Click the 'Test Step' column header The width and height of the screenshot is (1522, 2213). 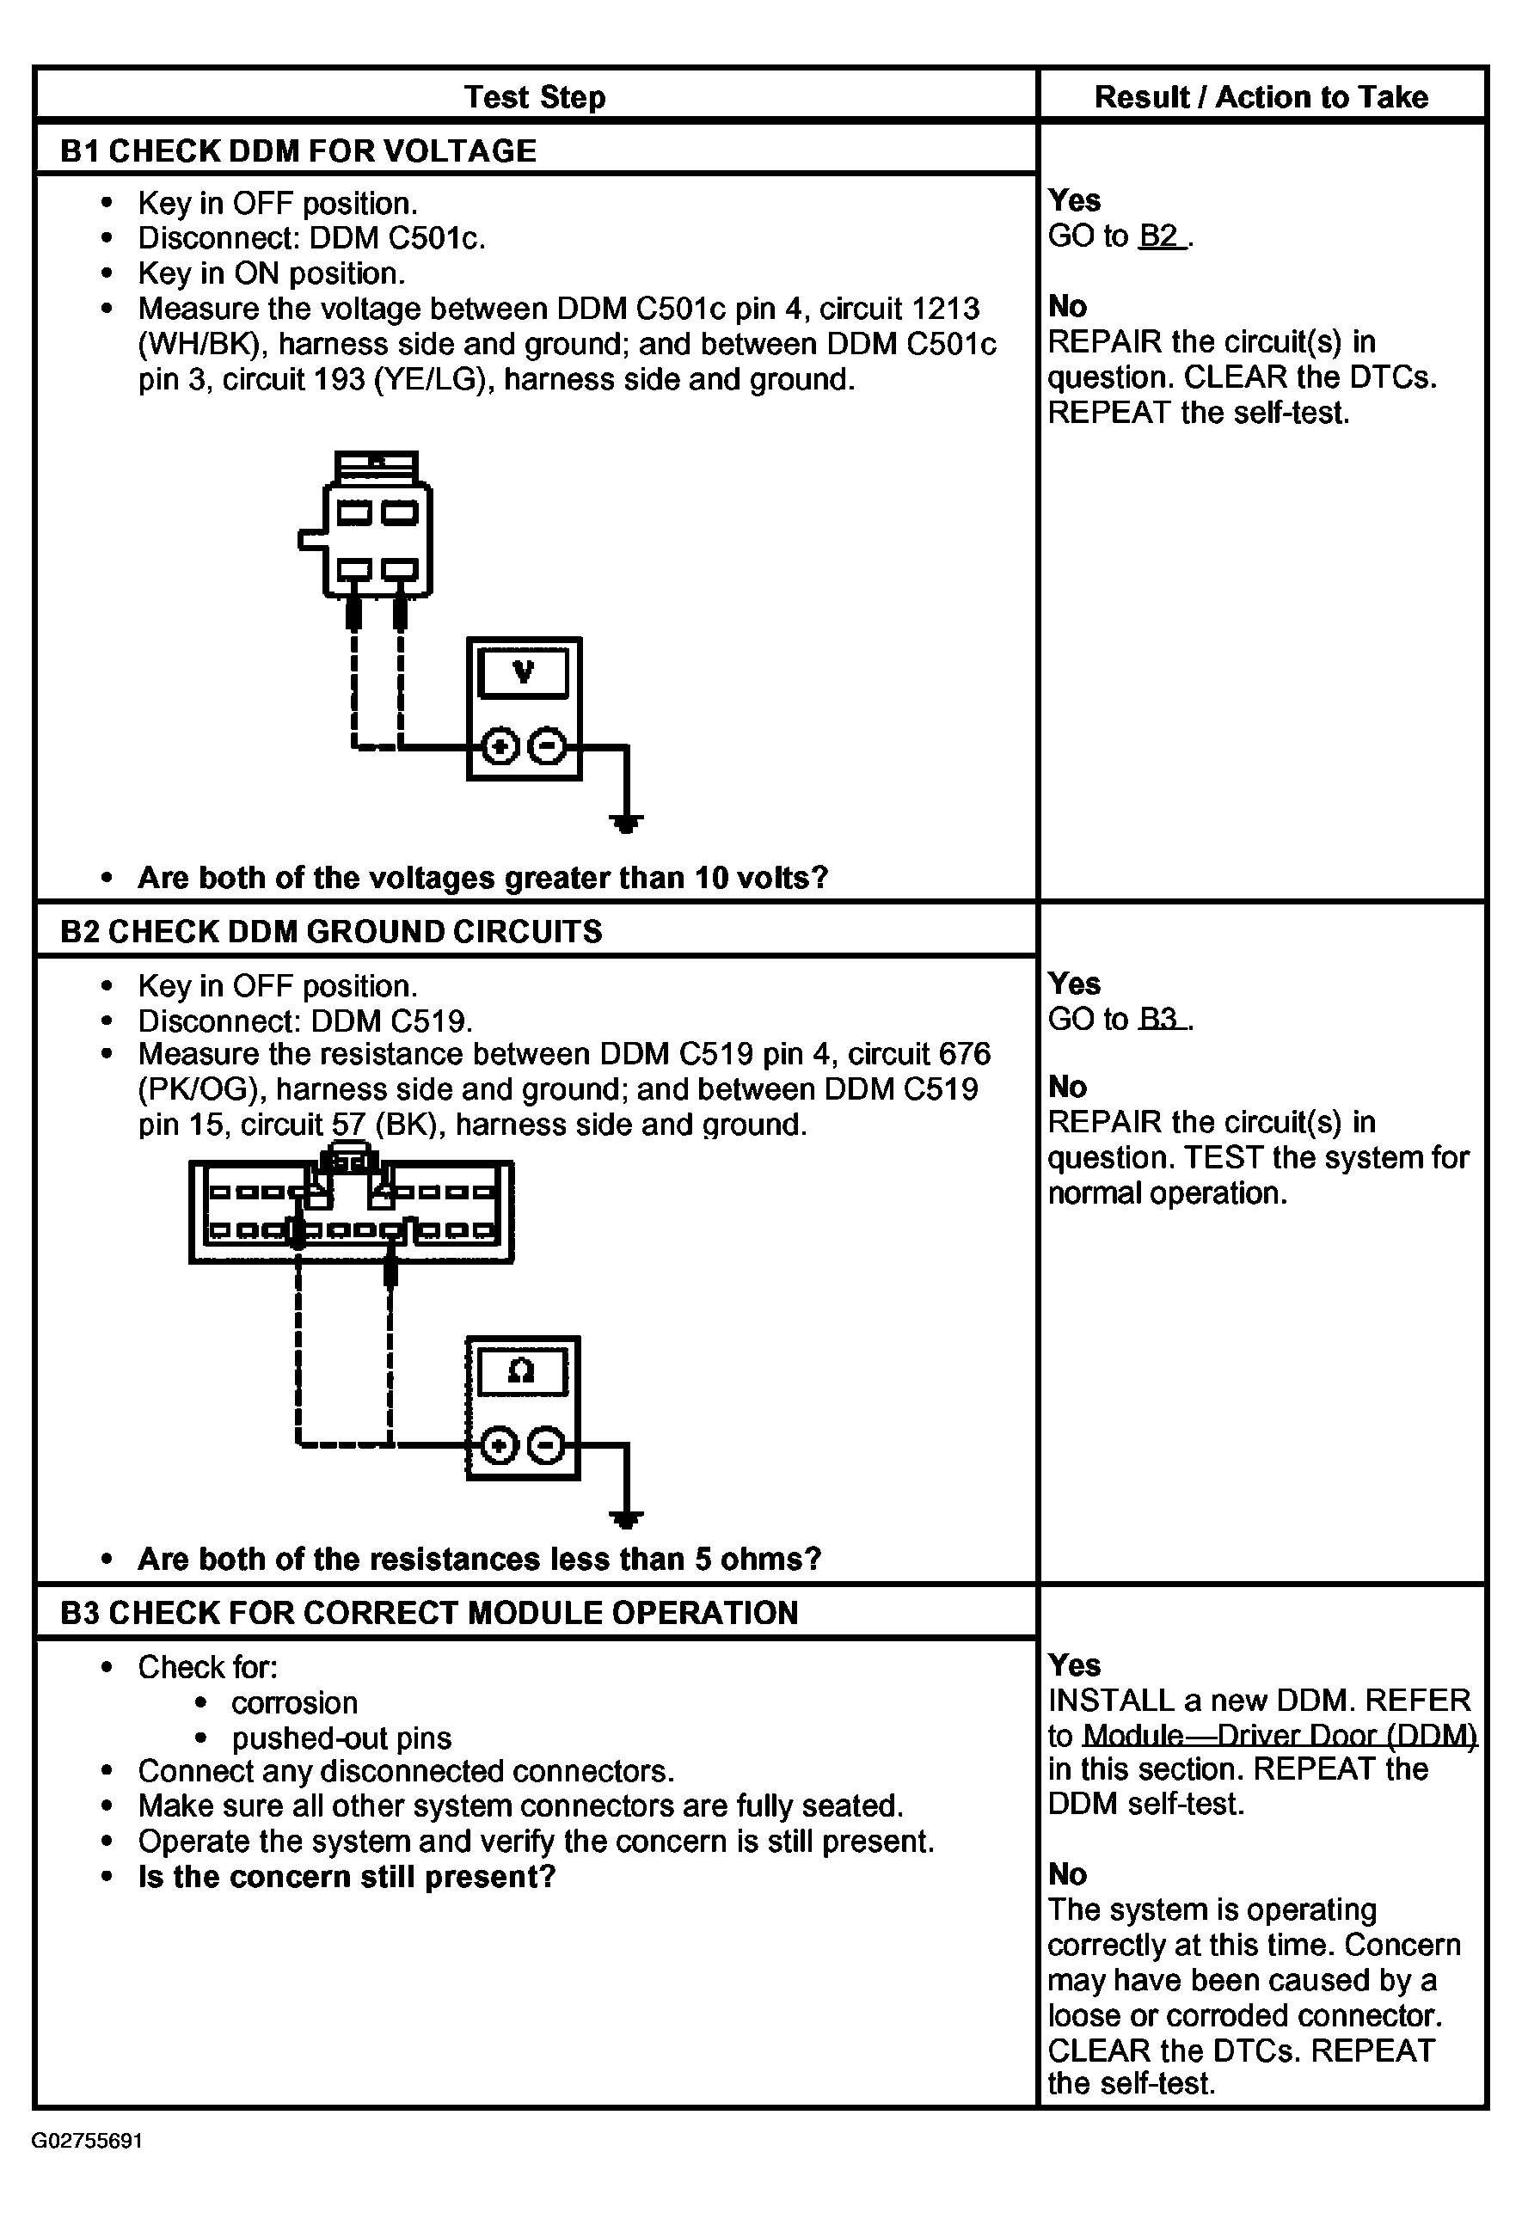click(x=534, y=96)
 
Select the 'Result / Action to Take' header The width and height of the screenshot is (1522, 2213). click(x=1261, y=96)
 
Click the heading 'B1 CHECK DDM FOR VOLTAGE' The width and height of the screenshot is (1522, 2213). click(x=298, y=150)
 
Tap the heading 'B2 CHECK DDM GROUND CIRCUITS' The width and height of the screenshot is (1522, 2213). click(x=331, y=930)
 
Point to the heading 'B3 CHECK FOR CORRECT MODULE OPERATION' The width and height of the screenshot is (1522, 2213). click(x=429, y=1612)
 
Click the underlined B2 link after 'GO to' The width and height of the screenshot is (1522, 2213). click(x=1161, y=236)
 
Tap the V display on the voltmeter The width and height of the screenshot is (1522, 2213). click(x=524, y=672)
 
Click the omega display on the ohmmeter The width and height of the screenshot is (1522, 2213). click(x=522, y=1371)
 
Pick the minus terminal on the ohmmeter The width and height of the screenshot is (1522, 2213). click(x=545, y=1445)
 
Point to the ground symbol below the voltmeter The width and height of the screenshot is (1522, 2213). click(x=626, y=822)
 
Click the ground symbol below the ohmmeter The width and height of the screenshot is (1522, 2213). click(x=626, y=1520)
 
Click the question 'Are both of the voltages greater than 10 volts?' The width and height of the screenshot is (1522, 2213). click(x=482, y=877)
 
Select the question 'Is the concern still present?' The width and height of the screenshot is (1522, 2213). click(x=347, y=1877)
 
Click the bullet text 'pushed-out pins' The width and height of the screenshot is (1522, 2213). click(x=341, y=1738)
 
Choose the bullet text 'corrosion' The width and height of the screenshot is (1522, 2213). click(x=295, y=1703)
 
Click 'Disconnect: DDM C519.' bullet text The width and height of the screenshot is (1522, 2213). click(x=305, y=1021)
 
